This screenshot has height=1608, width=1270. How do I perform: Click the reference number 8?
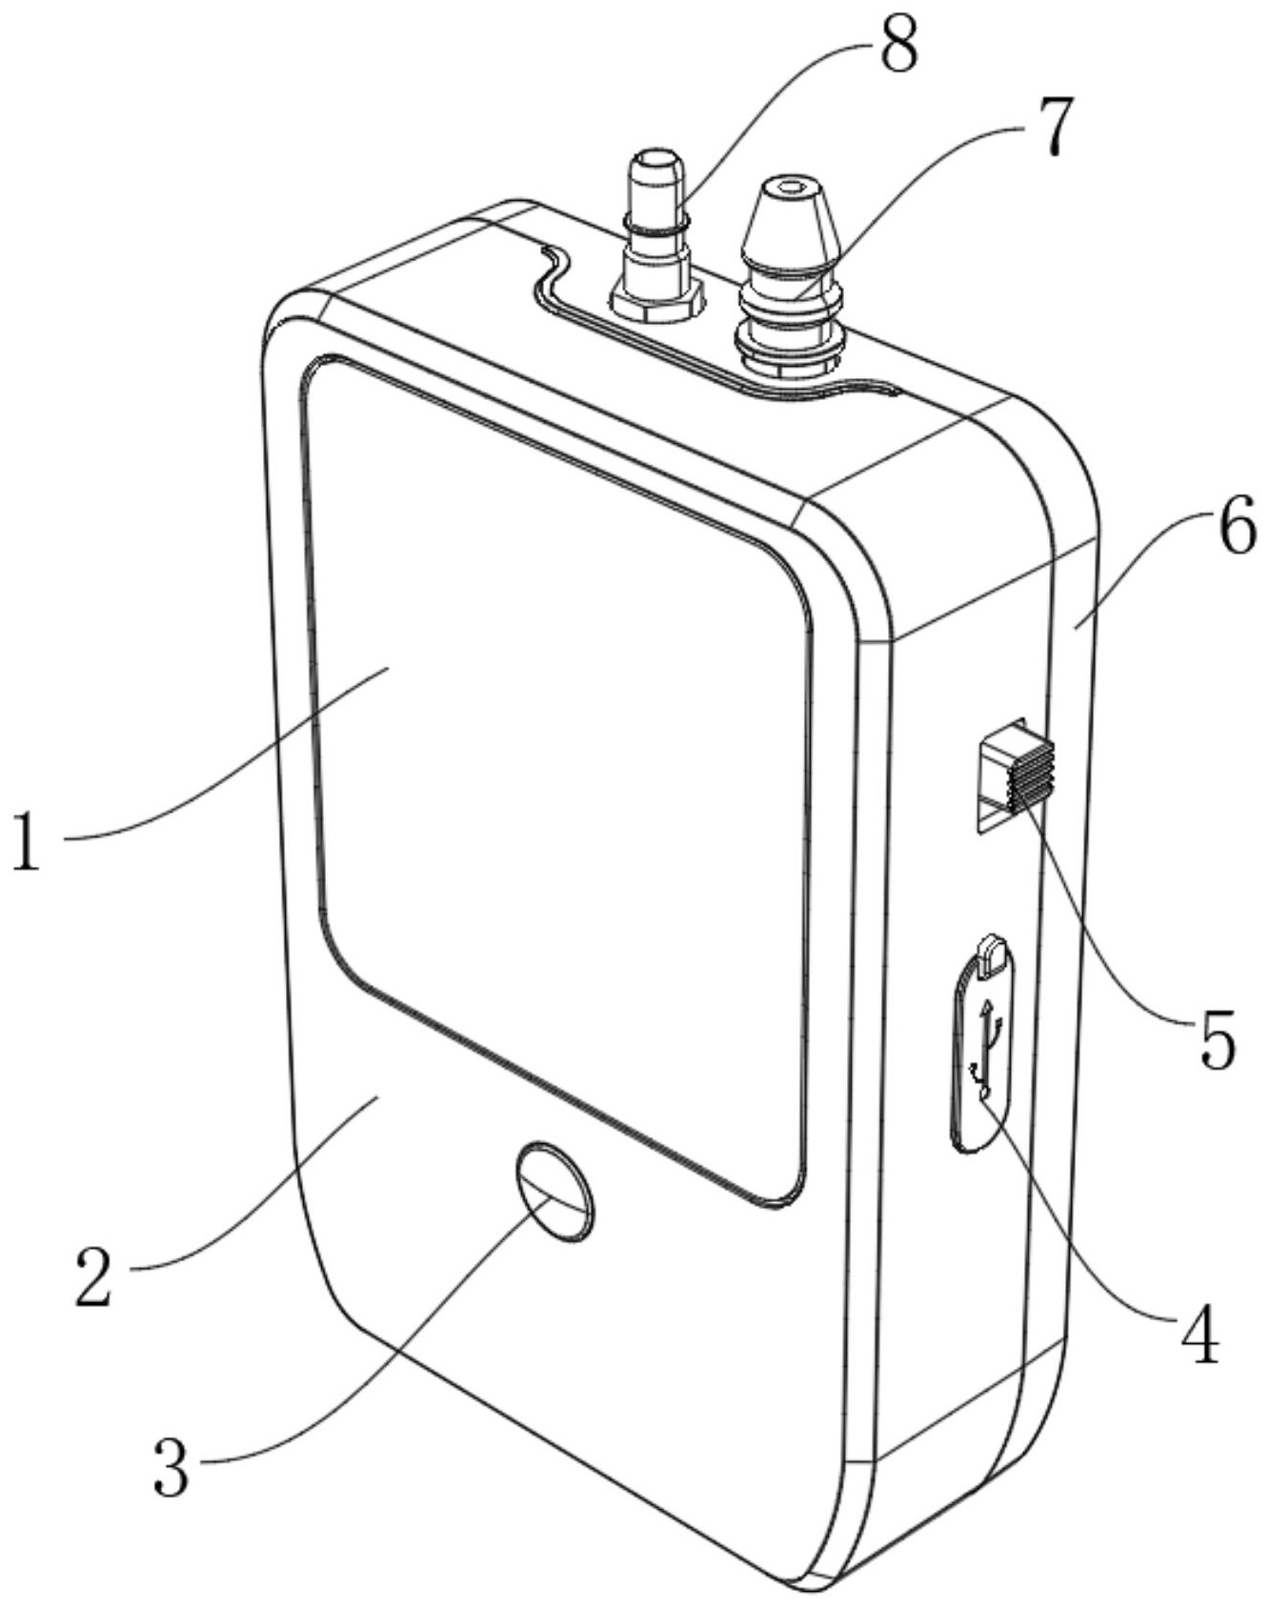click(898, 46)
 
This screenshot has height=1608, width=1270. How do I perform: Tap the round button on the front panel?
click(554, 1192)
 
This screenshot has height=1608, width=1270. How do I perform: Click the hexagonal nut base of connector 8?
click(657, 304)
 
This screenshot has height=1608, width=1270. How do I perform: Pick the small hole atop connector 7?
click(789, 188)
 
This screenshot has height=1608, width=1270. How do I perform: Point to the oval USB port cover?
click(981, 1048)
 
